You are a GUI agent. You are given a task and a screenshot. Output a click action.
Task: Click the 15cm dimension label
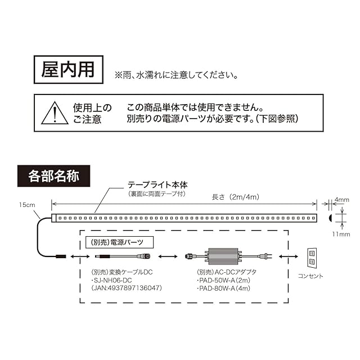point(26,204)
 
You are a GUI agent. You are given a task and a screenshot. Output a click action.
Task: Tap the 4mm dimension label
point(341,200)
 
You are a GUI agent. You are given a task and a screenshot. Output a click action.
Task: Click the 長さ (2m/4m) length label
point(235,197)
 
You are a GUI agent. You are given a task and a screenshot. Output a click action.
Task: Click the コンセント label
point(311,276)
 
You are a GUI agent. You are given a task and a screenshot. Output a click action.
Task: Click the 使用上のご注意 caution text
point(92,113)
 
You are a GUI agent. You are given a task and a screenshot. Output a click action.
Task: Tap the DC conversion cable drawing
point(120,256)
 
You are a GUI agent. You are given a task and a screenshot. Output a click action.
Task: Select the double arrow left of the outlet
point(289,256)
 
